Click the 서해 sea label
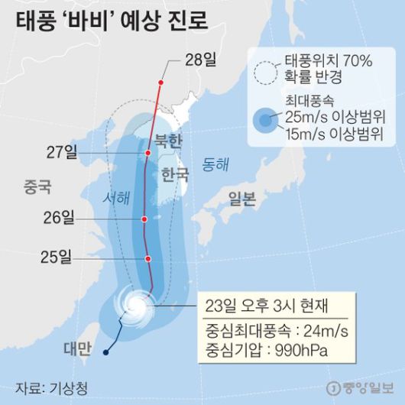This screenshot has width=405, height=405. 116,197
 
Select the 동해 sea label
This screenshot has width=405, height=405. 215,164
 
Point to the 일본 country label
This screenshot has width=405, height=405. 242,199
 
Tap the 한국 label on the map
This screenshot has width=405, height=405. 174,175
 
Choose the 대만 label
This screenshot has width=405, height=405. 77,349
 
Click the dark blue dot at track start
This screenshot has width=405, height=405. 105,352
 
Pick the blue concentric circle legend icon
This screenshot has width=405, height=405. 265,120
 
